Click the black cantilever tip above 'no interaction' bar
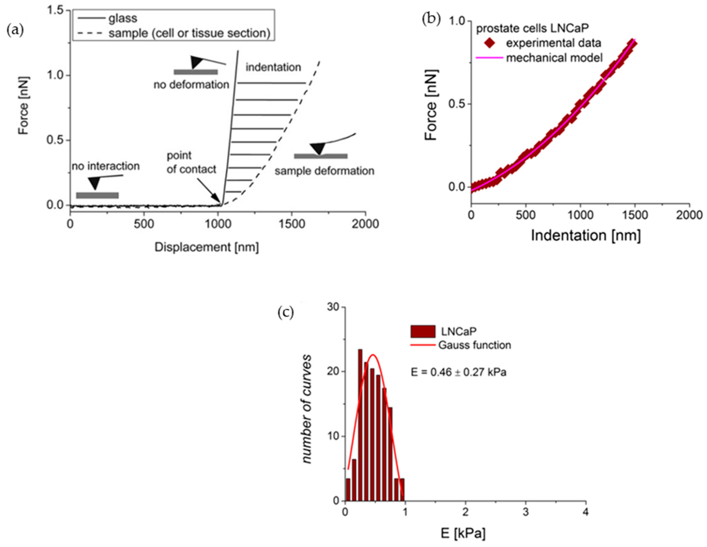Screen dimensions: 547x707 94,183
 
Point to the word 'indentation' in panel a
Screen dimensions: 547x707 273,67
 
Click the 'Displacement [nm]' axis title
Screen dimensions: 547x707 207,247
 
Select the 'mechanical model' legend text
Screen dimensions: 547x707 554,58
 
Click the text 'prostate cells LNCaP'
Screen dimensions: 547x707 532,28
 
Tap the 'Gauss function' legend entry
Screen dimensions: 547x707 475,345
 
